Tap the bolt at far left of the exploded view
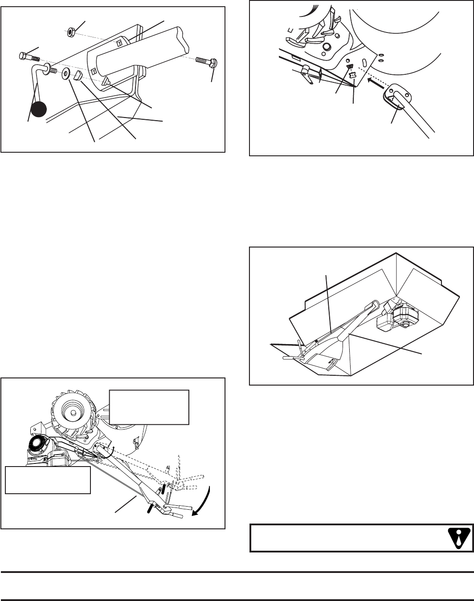[27, 57]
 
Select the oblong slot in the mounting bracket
[364, 61]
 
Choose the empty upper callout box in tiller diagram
[149, 407]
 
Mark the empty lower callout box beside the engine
[48, 480]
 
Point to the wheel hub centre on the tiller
[71, 407]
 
